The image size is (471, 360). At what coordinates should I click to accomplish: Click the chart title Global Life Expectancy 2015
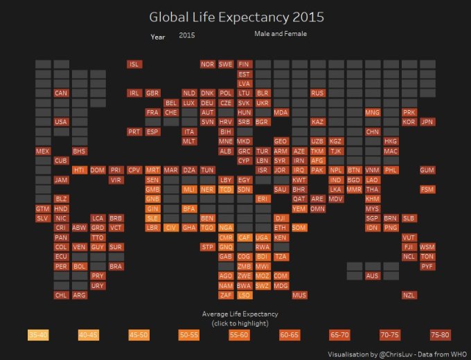point(236,16)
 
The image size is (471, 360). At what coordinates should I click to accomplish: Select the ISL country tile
point(135,64)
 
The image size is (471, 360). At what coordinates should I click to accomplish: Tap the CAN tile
point(61,93)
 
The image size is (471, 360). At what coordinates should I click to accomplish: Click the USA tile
point(61,122)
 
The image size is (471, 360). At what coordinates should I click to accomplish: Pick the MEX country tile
point(43,151)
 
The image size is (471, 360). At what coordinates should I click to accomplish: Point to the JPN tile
point(427,122)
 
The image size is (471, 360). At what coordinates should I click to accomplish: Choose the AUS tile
point(373,276)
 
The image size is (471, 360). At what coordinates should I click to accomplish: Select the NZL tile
point(409,295)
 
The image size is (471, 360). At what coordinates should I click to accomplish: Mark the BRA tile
point(116,266)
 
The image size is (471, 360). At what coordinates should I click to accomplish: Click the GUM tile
point(427,170)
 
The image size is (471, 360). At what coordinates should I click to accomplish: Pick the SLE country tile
point(153,218)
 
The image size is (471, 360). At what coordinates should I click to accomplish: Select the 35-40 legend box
point(38,335)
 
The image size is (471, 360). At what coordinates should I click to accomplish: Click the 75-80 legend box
point(440,335)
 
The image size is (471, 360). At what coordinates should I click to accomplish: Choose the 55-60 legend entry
point(239,335)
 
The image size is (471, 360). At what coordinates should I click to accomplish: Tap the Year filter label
point(158,37)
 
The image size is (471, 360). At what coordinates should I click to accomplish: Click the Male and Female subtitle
point(281,33)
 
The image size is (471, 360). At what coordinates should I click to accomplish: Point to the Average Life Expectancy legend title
point(235,314)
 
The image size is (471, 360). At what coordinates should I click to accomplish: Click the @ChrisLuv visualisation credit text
point(398,354)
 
